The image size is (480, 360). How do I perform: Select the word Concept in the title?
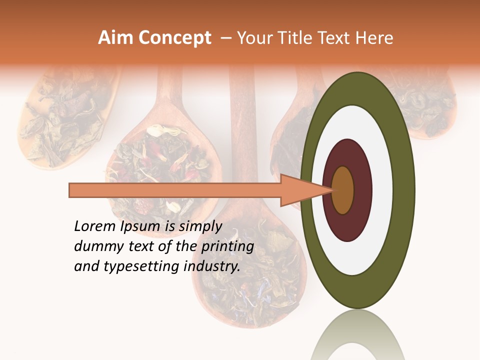pos(174,38)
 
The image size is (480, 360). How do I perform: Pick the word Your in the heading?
pos(253,38)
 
